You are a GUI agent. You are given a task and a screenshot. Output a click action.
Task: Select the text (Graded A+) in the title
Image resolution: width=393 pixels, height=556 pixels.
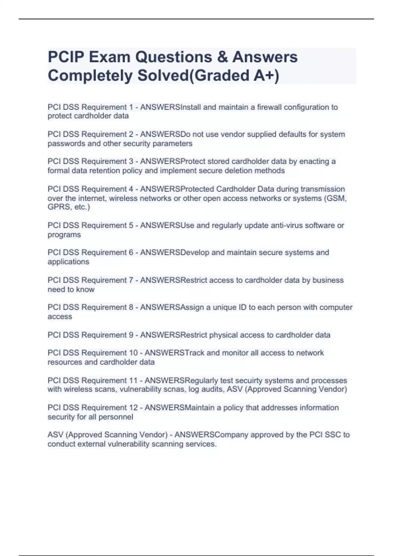(234, 76)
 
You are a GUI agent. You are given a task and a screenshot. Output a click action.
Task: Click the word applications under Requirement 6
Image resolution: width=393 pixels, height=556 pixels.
(68, 262)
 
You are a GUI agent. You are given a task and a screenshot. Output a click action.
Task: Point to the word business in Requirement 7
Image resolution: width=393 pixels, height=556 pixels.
(328, 280)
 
